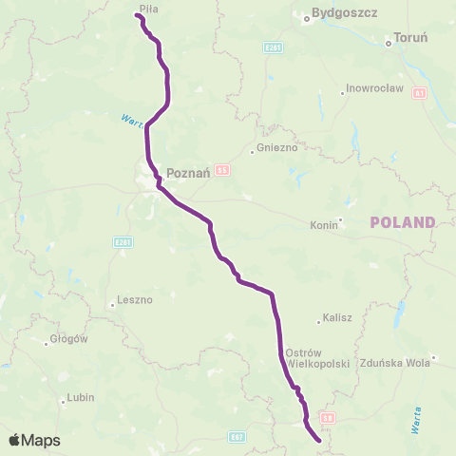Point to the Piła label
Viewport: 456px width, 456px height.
coord(147,8)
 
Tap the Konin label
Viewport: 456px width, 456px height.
coord(324,225)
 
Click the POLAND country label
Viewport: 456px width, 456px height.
coord(402,222)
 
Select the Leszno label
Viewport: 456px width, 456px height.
coord(135,300)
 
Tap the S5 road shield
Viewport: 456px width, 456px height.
coord(222,170)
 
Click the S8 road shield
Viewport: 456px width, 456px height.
coord(328,417)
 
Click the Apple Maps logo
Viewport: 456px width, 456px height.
coord(34,440)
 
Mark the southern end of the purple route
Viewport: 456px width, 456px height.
coord(316,440)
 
